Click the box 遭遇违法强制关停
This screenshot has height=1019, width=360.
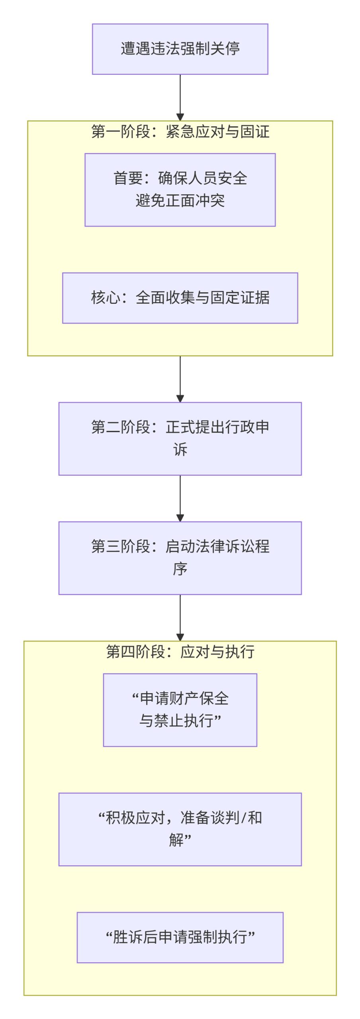(180, 49)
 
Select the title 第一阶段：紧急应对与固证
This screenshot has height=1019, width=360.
(180, 132)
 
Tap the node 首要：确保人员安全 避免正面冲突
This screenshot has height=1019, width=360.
(180, 190)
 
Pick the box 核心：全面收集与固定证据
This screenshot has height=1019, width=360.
(180, 298)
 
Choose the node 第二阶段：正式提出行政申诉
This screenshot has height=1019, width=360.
(180, 439)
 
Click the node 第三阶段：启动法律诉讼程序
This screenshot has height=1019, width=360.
(180, 558)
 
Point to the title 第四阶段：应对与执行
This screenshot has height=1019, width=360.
(180, 652)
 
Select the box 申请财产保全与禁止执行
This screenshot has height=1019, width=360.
(180, 710)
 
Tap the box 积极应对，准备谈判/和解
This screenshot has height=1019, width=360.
(180, 829)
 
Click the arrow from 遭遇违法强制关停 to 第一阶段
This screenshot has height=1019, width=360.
(180, 98)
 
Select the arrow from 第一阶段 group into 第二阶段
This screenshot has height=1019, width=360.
(180, 379)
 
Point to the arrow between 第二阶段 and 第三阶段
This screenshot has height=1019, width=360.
(180, 498)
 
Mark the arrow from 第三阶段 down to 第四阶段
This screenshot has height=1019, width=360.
(180, 618)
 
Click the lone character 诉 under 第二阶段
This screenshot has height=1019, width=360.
(180, 450)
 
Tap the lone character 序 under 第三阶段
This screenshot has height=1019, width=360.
(180, 569)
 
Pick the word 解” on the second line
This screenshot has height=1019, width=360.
(180, 840)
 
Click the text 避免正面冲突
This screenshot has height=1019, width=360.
(180, 201)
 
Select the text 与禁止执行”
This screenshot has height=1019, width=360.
(180, 721)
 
